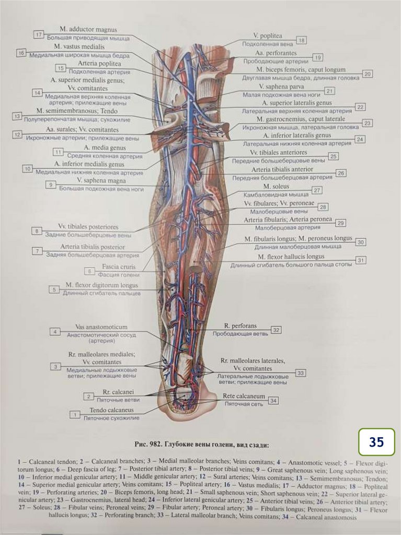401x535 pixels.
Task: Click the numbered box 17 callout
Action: tap(39, 34)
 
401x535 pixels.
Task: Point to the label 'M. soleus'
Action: tap(277, 186)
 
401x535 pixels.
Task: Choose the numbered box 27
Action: tap(317, 191)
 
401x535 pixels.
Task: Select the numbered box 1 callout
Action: tap(75, 414)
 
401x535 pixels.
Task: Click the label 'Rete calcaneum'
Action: tap(244, 396)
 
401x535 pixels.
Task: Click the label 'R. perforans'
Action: tap(240, 325)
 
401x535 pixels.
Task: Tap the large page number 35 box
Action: tap(376, 442)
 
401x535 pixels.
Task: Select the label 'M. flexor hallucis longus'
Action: tap(291, 257)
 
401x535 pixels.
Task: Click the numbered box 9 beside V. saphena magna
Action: tap(51, 184)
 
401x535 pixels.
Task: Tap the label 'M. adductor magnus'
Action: tap(88, 30)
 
